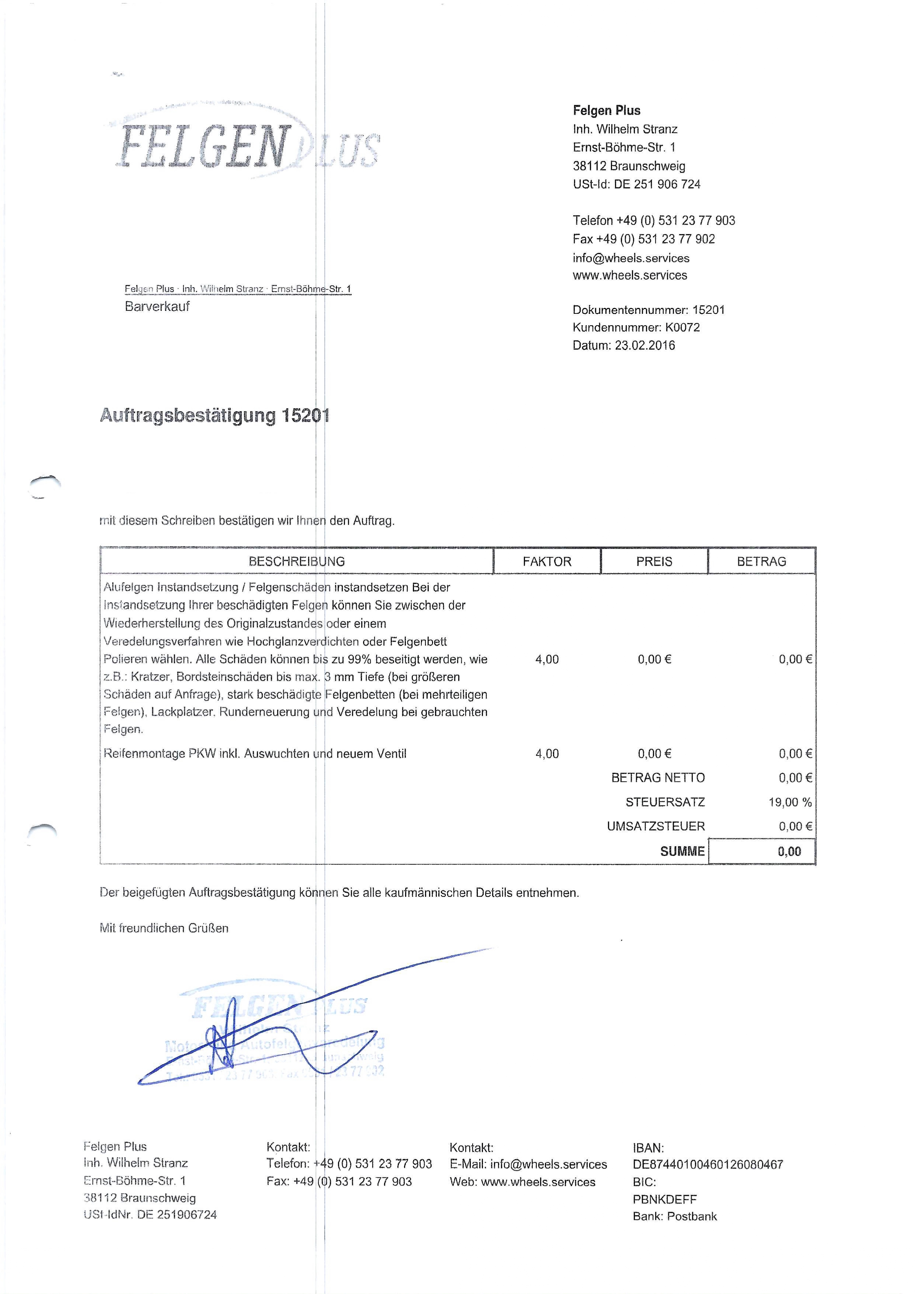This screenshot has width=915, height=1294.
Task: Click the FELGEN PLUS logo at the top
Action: click(x=248, y=146)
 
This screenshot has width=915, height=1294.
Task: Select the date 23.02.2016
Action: click(x=645, y=346)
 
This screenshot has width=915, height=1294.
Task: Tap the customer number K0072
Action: click(x=682, y=327)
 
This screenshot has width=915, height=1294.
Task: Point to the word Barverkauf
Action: click(x=157, y=306)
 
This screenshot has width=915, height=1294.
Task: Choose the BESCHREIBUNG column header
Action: click(x=297, y=561)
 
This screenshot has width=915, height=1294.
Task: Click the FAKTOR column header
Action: click(x=547, y=561)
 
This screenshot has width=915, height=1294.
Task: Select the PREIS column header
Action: click(x=654, y=561)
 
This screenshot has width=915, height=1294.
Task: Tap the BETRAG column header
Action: click(x=761, y=561)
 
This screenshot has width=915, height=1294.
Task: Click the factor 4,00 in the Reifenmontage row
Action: click(x=547, y=753)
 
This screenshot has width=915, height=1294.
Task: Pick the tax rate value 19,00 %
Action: click(x=790, y=802)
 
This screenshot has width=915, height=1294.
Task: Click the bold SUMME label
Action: click(x=682, y=851)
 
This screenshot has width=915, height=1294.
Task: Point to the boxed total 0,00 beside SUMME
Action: click(x=789, y=851)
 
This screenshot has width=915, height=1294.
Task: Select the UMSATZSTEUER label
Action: click(x=656, y=826)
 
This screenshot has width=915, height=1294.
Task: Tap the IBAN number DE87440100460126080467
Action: click(x=708, y=1164)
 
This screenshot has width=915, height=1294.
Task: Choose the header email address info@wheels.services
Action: click(x=631, y=258)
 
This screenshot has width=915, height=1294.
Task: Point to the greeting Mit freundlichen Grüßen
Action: click(x=164, y=928)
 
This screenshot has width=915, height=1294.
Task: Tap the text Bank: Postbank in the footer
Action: click(x=674, y=1216)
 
